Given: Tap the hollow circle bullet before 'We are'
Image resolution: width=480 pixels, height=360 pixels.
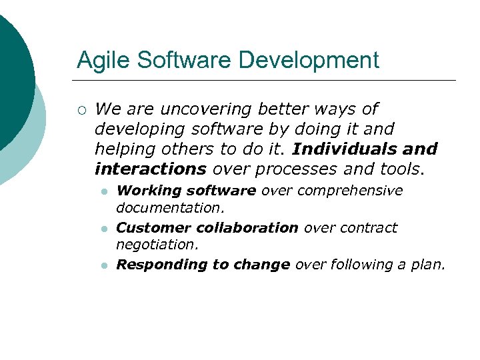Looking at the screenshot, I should click(x=81, y=109).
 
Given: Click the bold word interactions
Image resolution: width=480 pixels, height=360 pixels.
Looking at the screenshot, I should click(x=151, y=169).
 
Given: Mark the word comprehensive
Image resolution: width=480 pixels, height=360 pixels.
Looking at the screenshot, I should click(x=350, y=191).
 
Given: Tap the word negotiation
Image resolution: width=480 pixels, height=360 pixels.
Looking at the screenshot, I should click(x=157, y=245).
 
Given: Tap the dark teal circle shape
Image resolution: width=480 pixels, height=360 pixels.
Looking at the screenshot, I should click(x=10, y=73).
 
